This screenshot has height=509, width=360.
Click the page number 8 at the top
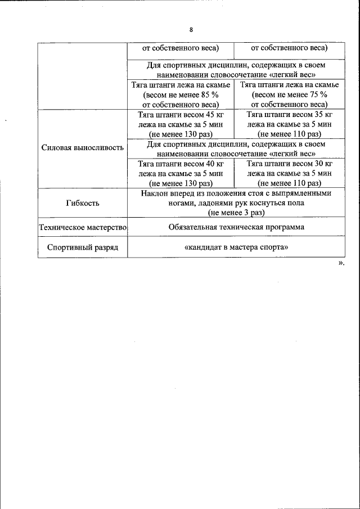(191, 30)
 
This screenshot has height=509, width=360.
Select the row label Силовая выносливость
(82, 148)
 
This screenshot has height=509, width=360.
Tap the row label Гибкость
(82, 202)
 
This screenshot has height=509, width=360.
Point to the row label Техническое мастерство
(82, 228)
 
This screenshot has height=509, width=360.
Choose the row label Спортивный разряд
(82, 247)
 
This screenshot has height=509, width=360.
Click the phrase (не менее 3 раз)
(236, 213)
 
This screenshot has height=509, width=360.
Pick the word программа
(283, 227)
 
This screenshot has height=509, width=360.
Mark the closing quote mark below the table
(341, 263)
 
